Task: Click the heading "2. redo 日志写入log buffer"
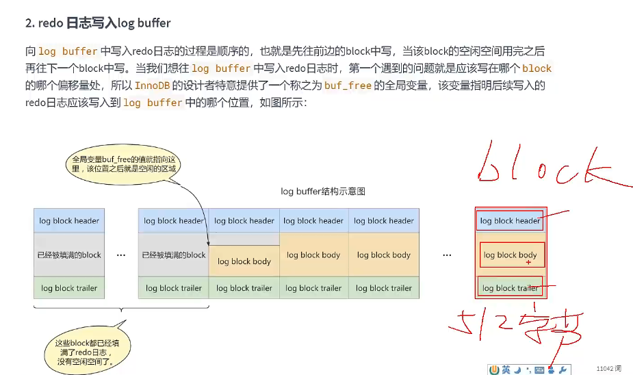tap(98, 23)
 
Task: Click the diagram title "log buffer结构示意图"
tap(322, 192)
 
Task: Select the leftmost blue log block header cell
tap(69, 221)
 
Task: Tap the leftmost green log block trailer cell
tap(69, 288)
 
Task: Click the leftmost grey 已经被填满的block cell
tap(69, 255)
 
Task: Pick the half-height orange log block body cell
tap(244, 261)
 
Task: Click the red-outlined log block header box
tap(510, 220)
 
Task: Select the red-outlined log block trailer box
tap(510, 287)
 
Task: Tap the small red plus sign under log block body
tap(528, 263)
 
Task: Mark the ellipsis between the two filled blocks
tap(121, 255)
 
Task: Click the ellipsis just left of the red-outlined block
tap(447, 255)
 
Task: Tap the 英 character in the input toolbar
tap(506, 370)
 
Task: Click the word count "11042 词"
tap(608, 368)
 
